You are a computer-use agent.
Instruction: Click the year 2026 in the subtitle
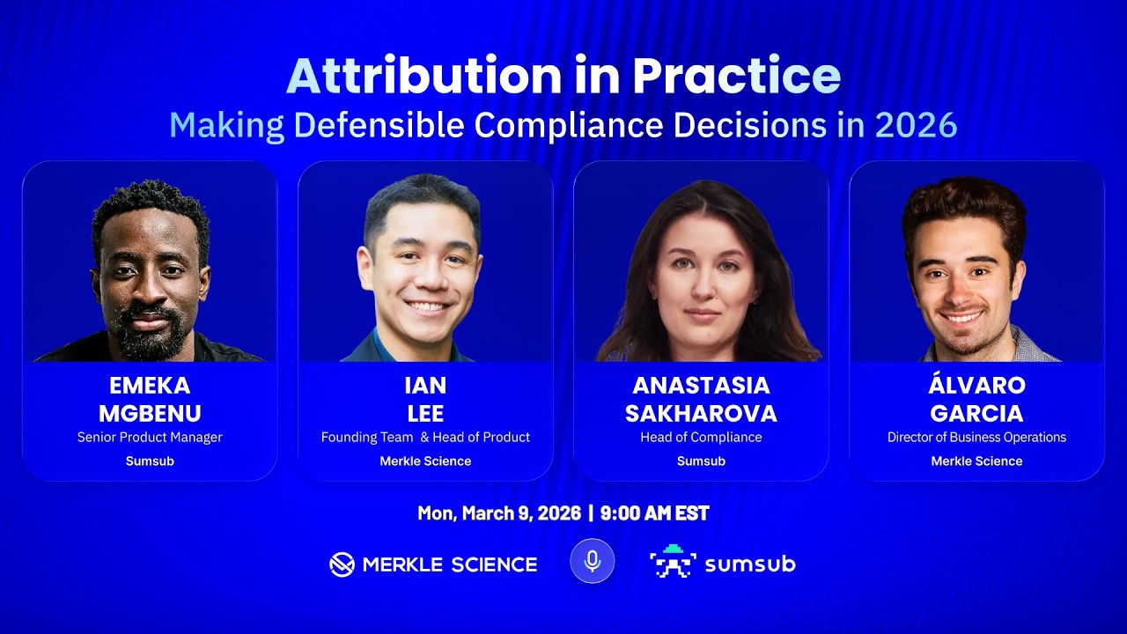(x=916, y=126)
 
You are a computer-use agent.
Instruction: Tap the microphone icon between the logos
(x=592, y=561)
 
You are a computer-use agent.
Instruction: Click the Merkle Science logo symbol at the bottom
(x=342, y=564)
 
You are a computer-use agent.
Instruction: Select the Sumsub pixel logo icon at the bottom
(x=673, y=562)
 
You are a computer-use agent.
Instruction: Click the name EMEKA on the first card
(x=150, y=386)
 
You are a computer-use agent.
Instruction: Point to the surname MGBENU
(x=150, y=413)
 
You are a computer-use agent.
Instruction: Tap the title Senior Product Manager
(x=150, y=438)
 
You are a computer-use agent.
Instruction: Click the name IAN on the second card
(x=425, y=386)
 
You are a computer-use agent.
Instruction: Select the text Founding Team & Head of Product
(x=425, y=438)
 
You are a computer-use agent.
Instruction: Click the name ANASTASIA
(x=701, y=386)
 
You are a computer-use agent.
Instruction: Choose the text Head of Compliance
(x=701, y=438)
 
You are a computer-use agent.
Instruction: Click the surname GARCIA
(x=976, y=413)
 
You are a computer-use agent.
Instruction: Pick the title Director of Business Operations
(x=976, y=438)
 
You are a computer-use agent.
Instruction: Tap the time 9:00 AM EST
(x=654, y=513)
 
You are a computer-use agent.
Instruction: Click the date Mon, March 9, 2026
(x=499, y=513)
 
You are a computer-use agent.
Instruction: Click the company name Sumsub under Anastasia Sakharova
(x=701, y=461)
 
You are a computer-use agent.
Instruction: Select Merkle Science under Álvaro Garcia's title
(x=976, y=461)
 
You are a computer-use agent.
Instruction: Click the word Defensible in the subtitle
(x=379, y=126)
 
